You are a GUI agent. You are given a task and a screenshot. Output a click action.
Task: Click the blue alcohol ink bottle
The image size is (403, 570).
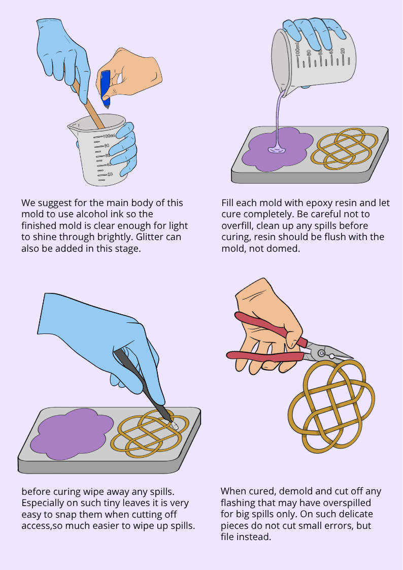tap(106, 89)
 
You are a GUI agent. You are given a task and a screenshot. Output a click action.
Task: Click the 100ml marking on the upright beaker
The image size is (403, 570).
tap(109, 136)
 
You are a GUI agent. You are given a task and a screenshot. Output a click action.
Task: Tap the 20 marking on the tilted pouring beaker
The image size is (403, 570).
tap(342, 51)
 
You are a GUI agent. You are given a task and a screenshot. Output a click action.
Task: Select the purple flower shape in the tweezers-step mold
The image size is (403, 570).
tap(72, 432)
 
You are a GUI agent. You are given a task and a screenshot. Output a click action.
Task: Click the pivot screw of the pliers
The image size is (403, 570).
tap(322, 353)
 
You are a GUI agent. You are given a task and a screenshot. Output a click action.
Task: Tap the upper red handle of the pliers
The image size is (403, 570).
tap(270, 328)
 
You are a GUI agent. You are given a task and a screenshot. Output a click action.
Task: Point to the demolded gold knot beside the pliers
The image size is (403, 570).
tap(331, 407)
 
